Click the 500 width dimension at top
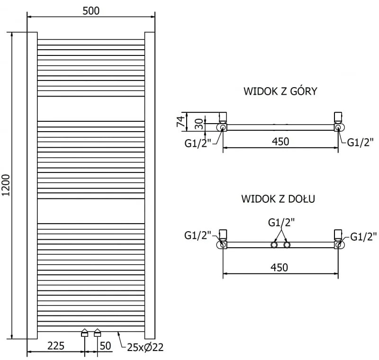(90, 10)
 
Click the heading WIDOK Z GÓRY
(280, 91)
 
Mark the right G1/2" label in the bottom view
(363, 235)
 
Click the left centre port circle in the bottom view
(274, 245)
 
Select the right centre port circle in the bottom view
(287, 245)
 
